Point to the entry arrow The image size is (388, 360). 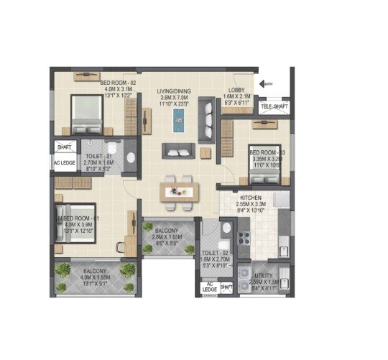[266, 84]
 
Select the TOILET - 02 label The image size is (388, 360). [214, 254]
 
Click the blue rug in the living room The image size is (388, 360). [177, 118]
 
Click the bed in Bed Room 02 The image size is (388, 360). [87, 111]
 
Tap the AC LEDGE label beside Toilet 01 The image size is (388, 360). [63, 163]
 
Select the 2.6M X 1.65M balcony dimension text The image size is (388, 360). [167, 236]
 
